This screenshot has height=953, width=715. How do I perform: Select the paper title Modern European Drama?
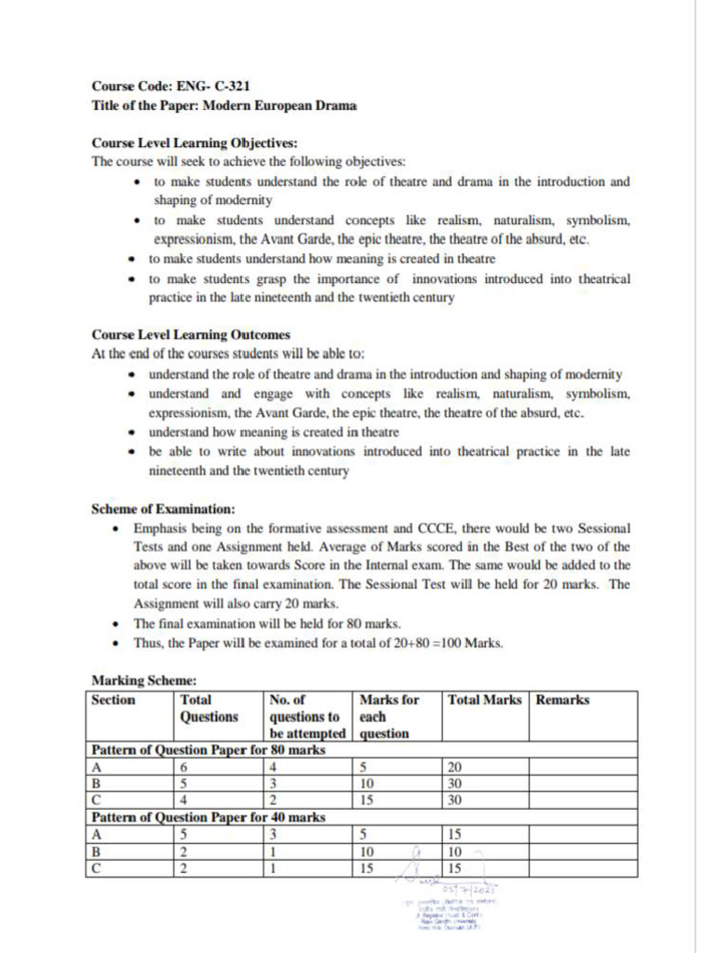pos(279,104)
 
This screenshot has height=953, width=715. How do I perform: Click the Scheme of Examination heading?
pos(163,509)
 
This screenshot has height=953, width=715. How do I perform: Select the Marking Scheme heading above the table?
pos(143,680)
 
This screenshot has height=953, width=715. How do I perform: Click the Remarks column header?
pos(562,700)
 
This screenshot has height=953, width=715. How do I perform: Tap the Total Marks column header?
pos(484,700)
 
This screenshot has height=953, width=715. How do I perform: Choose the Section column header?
pos(113,700)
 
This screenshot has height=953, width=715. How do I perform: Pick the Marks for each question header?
pos(388,716)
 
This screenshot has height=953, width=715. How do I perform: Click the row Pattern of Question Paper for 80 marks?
pos(208,749)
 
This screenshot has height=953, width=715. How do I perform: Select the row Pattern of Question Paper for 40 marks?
pos(208,817)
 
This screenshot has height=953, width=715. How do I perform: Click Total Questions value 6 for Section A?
pos(184,767)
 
